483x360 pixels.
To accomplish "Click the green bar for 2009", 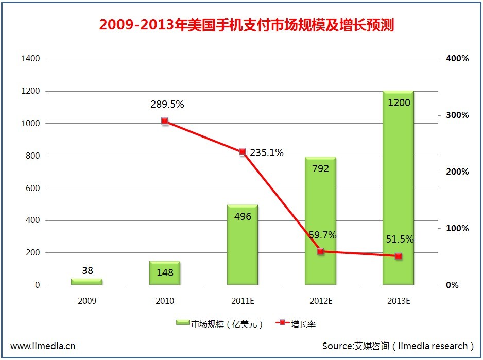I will pos(87,281).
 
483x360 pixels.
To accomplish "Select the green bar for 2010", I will pos(165,273).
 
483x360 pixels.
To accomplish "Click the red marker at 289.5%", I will pos(165,122).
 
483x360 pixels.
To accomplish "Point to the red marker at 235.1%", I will pos(243,152).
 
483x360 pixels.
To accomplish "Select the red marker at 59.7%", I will pos(320,251).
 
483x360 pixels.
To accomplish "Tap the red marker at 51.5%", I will pos(398,256).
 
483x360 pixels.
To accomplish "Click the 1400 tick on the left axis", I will pos(30,59).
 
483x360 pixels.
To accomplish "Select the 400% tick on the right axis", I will pos(457,59).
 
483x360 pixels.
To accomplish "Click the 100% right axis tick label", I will pos(457,228).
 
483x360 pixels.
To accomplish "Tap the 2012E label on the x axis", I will pos(320,301).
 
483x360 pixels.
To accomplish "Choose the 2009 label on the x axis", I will pos(87,301).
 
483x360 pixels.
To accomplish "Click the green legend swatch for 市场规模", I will pos(183,323).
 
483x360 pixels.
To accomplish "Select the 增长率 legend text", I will pos(303,324).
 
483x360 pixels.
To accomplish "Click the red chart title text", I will pos(246,25).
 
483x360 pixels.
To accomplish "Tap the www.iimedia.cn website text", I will pos(43,346).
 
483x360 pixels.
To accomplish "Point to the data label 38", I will pos(87,270).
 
